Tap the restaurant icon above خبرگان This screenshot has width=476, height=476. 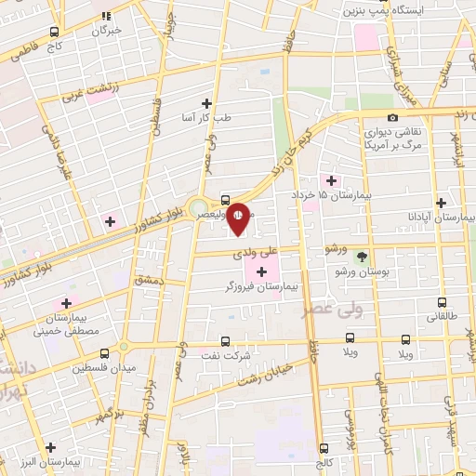(106, 16)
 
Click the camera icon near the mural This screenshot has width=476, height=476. (392, 117)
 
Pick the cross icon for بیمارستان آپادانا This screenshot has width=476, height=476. (441, 202)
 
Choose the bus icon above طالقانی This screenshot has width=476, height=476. (442, 302)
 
